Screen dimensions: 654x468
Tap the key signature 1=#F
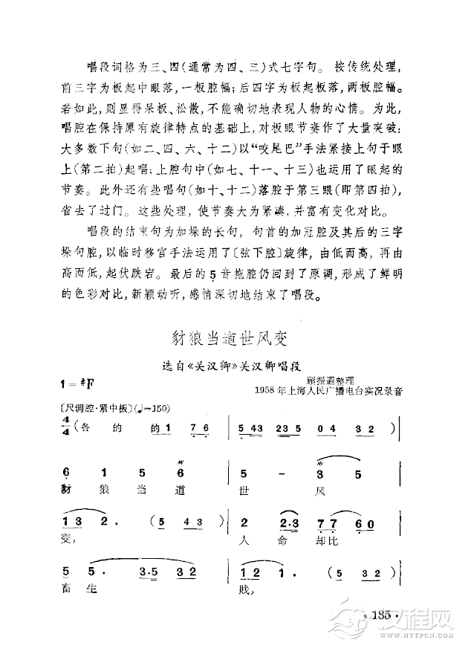80,383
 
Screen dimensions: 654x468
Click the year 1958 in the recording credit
264,389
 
